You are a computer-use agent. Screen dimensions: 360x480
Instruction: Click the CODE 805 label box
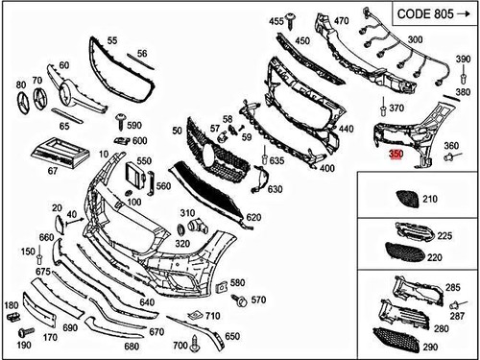tap(429, 15)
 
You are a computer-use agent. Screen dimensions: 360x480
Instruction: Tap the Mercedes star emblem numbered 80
tap(21, 101)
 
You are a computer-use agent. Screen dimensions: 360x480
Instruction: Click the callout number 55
tap(112, 41)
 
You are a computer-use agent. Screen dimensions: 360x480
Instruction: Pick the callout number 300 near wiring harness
tap(415, 39)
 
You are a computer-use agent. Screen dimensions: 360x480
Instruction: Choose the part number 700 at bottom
tap(180, 345)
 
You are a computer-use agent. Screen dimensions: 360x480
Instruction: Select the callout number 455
tap(276, 21)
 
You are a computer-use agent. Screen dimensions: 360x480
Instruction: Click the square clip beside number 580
tap(220, 285)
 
